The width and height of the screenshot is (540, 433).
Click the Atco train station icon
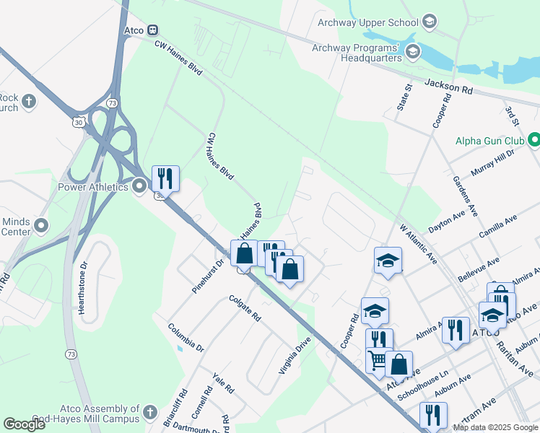pos(152,30)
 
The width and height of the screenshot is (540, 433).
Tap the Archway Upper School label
pos(368,22)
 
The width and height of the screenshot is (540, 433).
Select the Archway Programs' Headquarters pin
pos(412,51)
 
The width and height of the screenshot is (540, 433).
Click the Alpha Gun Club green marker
pos(534,139)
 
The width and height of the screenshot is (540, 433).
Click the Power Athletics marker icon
pos(139,188)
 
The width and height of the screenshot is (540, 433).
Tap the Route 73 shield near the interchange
pos(111,103)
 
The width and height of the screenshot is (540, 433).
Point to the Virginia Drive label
pos(295,354)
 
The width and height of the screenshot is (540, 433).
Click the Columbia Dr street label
pos(186,337)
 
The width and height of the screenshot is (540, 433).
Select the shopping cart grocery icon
pos(378,359)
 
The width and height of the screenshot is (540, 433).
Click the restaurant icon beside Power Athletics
pos(165,178)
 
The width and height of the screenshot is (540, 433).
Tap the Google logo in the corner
pos(25,424)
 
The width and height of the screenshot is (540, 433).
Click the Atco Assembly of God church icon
pos(149,413)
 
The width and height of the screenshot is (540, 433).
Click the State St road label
pos(408,97)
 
